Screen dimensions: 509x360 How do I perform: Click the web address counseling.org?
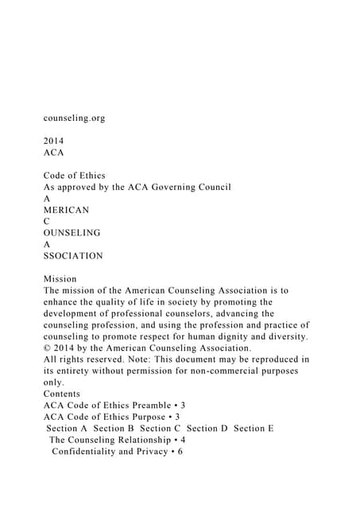[x=74, y=118]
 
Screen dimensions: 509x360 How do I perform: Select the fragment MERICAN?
[x=66, y=210]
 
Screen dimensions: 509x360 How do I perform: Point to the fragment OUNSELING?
[x=72, y=233]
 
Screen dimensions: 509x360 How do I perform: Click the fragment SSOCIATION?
[x=73, y=256]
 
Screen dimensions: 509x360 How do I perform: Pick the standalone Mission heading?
[x=60, y=279]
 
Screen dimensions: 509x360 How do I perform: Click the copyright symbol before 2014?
[x=47, y=348]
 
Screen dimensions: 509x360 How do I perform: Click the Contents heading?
[x=62, y=394]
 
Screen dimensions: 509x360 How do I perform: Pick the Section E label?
[x=254, y=429]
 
